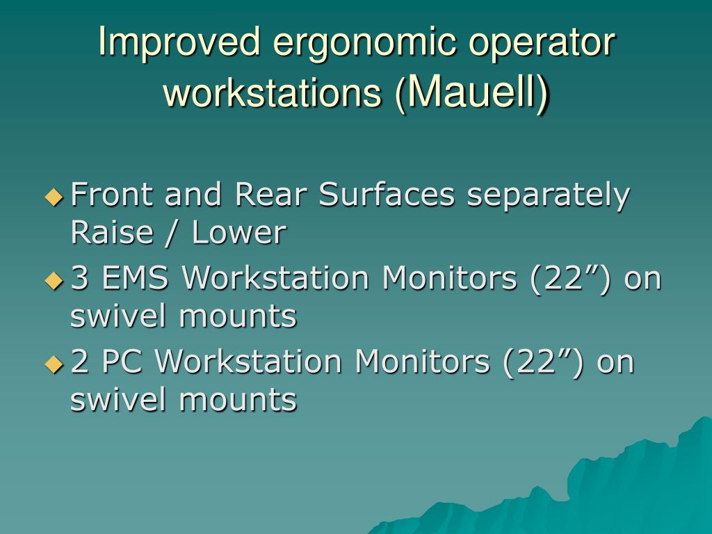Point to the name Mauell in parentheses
469,91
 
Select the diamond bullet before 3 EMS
54,280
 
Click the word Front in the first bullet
113,195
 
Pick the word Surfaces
386,195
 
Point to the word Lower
238,233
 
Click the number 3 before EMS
79,279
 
